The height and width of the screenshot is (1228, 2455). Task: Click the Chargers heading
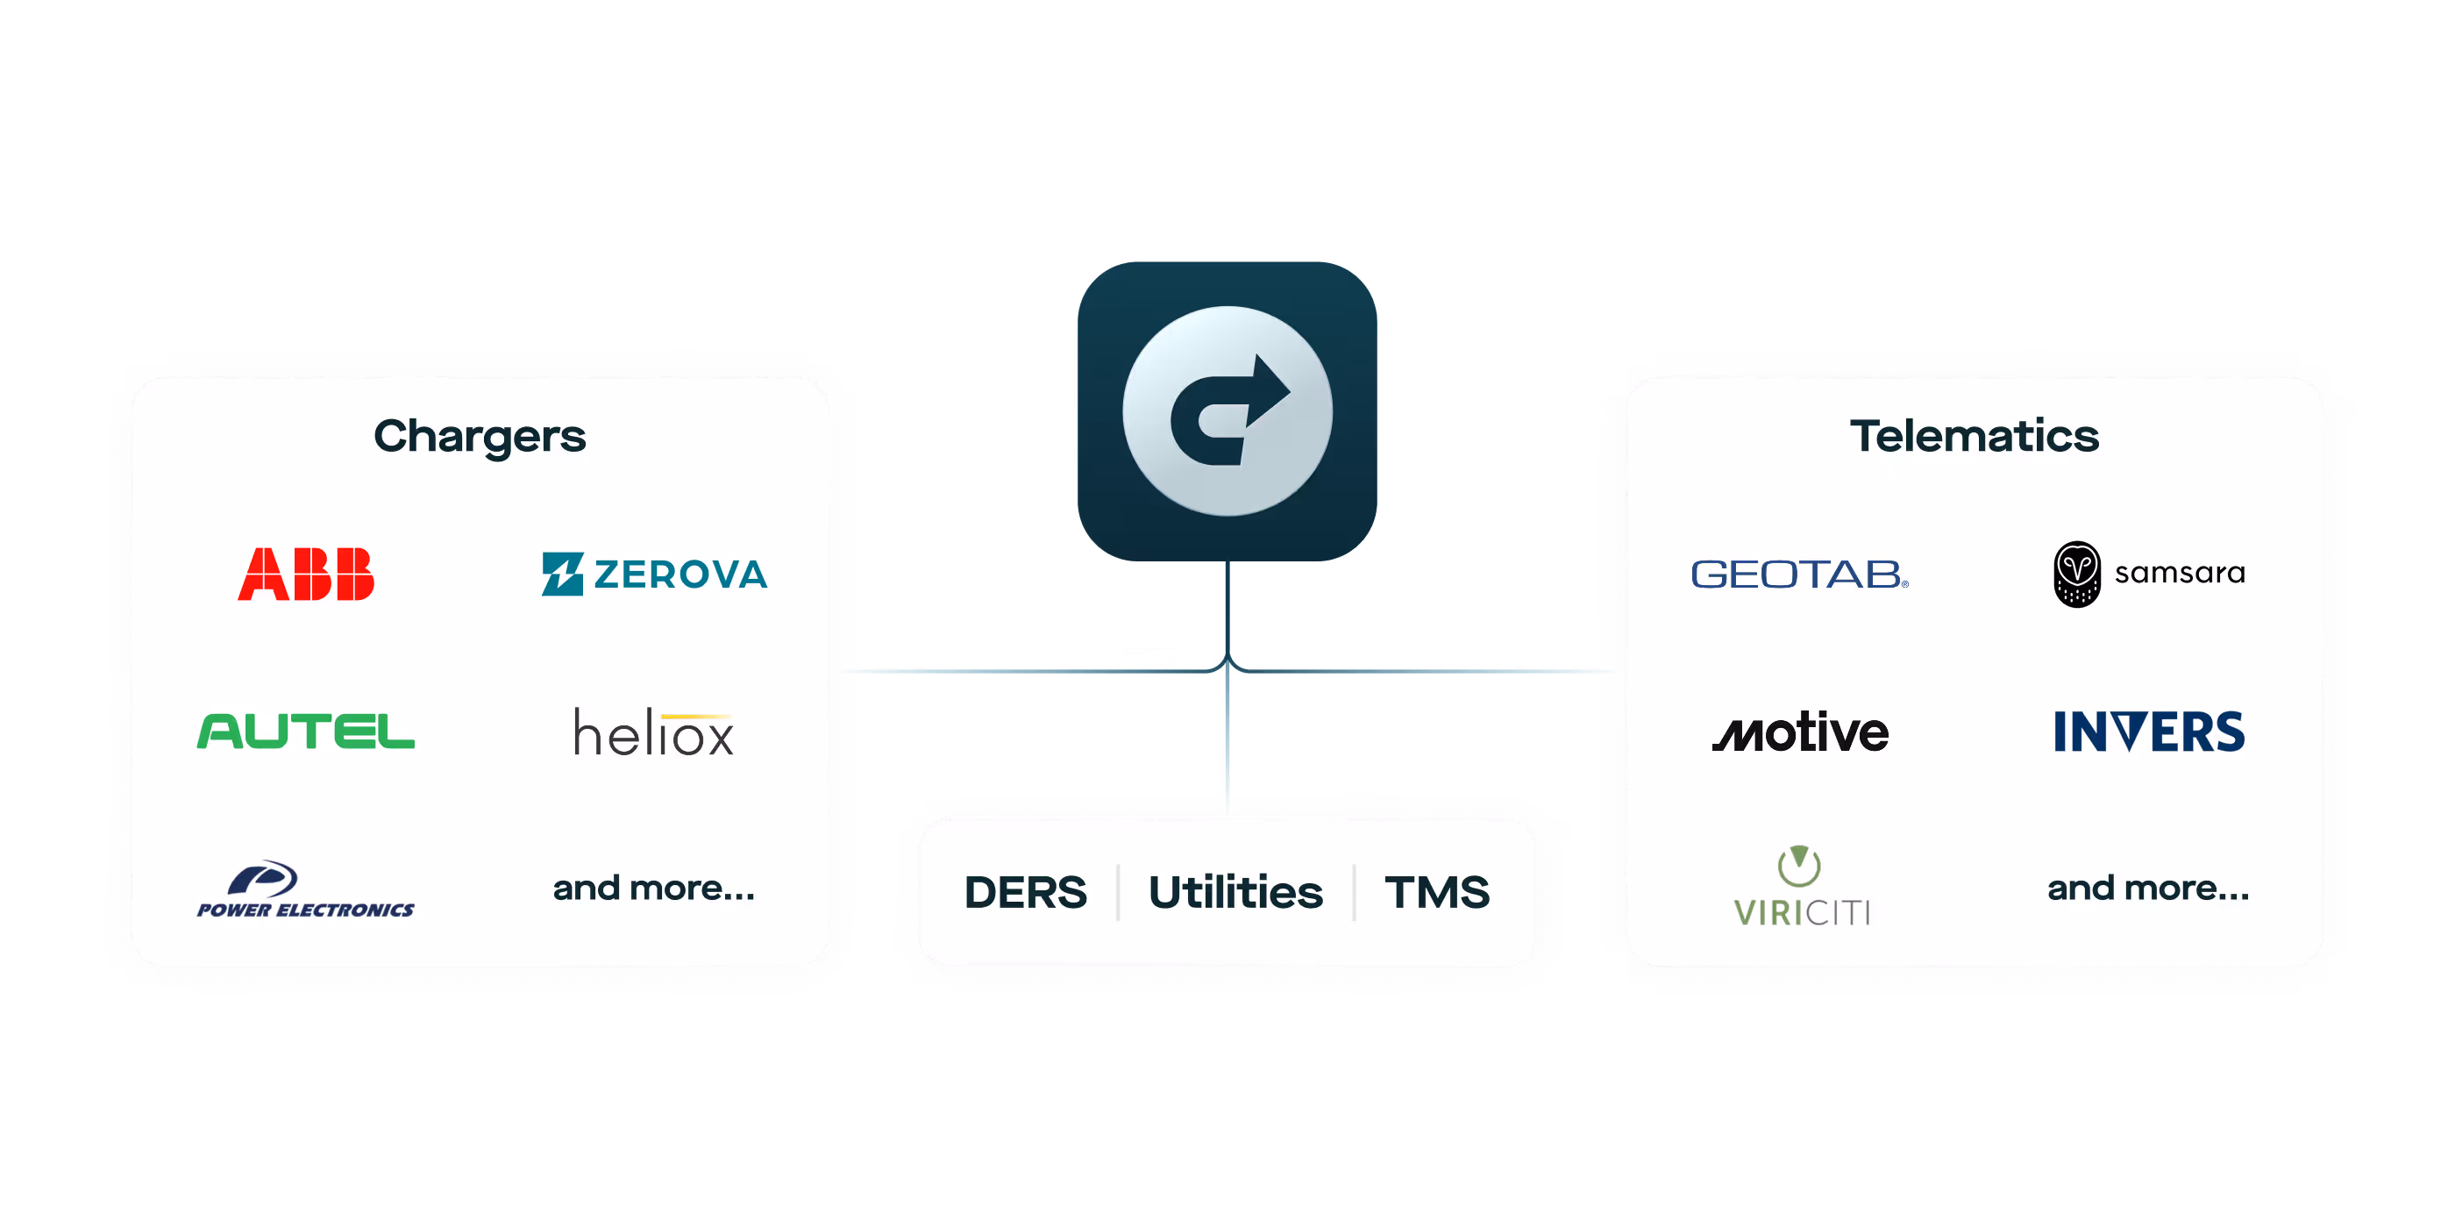[x=480, y=437]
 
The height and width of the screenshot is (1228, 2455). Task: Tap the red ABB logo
[x=306, y=574]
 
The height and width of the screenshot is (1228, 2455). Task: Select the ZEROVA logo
[x=655, y=574]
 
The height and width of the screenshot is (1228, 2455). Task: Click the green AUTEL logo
[x=306, y=732]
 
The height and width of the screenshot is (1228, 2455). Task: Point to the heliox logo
[x=654, y=732]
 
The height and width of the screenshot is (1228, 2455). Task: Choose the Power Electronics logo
[x=306, y=889]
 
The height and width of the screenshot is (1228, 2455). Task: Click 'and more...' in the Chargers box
[x=654, y=889]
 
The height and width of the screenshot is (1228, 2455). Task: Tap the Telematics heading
[x=1974, y=437]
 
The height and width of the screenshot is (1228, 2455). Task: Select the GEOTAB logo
[x=1799, y=574]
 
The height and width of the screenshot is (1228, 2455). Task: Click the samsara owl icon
[x=2076, y=574]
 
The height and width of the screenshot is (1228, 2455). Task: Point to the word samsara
[x=2180, y=573]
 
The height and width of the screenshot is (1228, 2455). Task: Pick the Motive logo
[x=1800, y=732]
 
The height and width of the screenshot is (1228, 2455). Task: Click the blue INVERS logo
[x=2149, y=732]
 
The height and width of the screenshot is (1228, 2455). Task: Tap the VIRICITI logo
[x=1800, y=888]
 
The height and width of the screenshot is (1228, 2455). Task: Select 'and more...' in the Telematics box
[x=2148, y=889]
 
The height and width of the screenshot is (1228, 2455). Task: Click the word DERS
[x=1026, y=892]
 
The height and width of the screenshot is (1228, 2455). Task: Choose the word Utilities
[x=1235, y=892]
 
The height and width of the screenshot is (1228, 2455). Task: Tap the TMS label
[x=1436, y=892]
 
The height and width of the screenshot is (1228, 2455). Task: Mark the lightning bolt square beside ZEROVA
[x=562, y=574]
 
